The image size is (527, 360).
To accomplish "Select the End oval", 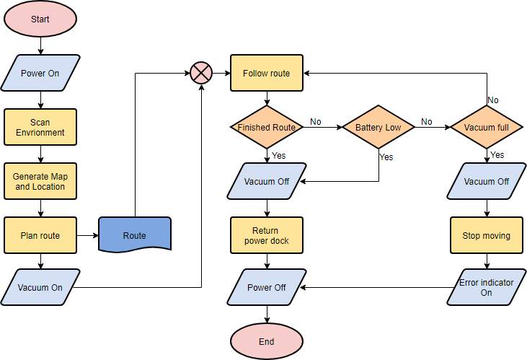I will (x=266, y=341).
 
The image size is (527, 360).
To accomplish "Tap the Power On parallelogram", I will (x=40, y=73).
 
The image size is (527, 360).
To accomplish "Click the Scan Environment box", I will (x=40, y=127).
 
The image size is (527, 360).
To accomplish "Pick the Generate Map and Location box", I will (x=40, y=181).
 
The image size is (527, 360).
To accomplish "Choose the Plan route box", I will (x=40, y=235).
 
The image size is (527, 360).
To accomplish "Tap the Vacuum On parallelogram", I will (x=40, y=287).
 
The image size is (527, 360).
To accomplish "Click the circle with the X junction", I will (x=201, y=73).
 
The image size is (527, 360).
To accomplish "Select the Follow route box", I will (x=266, y=73).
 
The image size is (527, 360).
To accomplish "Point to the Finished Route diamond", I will (x=266, y=128).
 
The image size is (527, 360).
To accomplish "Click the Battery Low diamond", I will (x=378, y=128).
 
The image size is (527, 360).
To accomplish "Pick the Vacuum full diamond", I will (x=487, y=128).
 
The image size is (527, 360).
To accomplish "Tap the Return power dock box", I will (x=266, y=235).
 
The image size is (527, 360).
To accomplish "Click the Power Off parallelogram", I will (x=266, y=287).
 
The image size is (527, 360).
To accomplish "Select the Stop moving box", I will (x=487, y=235).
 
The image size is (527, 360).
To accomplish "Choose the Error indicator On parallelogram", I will (x=487, y=287).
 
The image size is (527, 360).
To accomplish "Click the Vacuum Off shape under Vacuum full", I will (x=487, y=181).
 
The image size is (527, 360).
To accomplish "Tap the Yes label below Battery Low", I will (x=386, y=157).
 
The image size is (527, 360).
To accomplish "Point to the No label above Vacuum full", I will (x=493, y=100).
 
